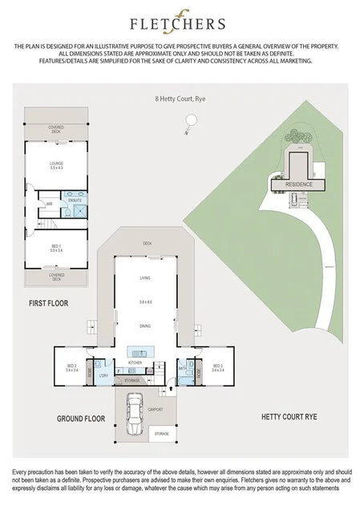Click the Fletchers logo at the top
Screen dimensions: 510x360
pyautogui.click(x=180, y=26)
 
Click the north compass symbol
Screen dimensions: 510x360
pyautogui.click(x=187, y=122)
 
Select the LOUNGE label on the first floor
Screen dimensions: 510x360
pyautogui.click(x=56, y=165)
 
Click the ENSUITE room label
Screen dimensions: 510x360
pyautogui.click(x=76, y=197)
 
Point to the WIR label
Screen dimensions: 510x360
pyautogui.click(x=49, y=204)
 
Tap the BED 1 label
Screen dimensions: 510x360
pyautogui.click(x=56, y=249)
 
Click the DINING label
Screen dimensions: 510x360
pyautogui.click(x=145, y=326)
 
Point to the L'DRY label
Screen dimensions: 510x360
pyautogui.click(x=103, y=375)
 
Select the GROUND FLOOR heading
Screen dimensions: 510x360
pyautogui.click(x=82, y=419)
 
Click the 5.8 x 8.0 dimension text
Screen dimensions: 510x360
pyautogui.click(x=145, y=302)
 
